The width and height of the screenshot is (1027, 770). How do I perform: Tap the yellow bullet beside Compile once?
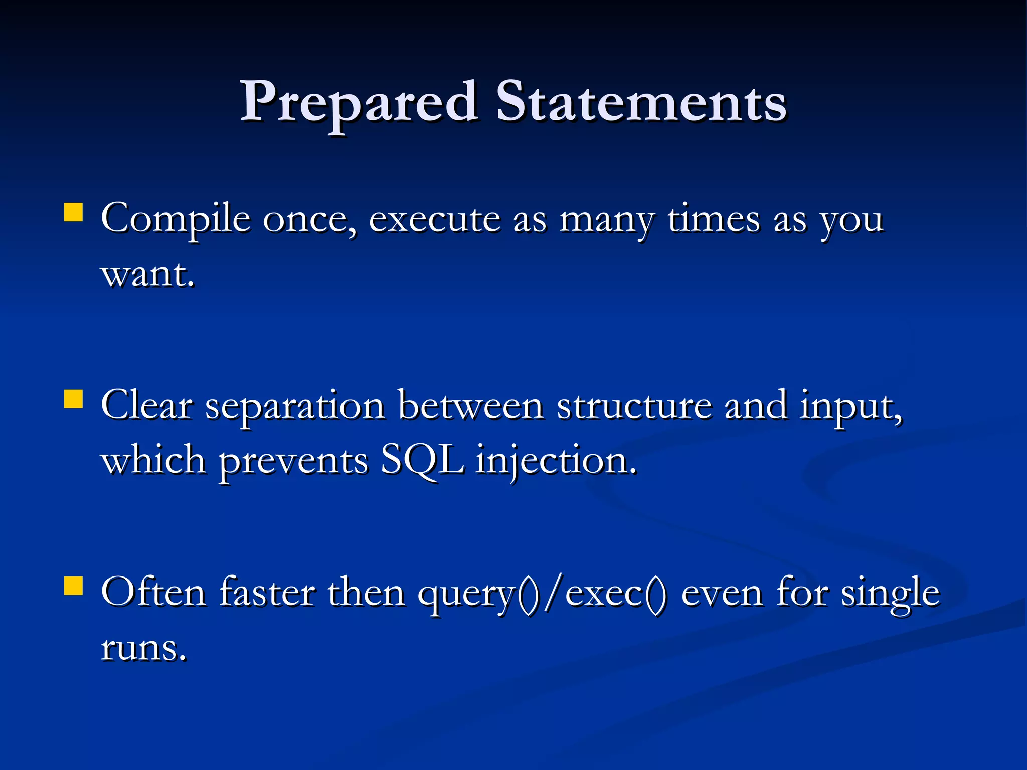[x=74, y=212]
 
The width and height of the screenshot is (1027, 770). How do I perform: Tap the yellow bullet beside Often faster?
[x=74, y=586]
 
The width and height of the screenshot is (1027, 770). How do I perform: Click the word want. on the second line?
[x=147, y=275]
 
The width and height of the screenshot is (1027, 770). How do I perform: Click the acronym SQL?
[x=422, y=460]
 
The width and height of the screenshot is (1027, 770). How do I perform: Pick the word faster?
[x=267, y=593]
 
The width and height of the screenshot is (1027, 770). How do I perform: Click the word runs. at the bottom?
[x=144, y=648]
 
